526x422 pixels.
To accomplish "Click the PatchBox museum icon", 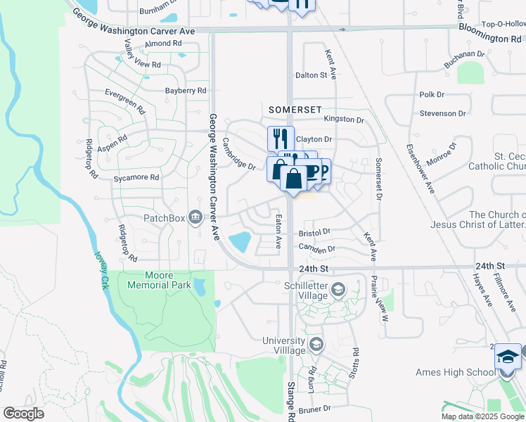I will tap(195, 218).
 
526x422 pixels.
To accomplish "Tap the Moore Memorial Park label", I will tap(158, 280).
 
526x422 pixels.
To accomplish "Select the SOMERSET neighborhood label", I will tap(295, 110).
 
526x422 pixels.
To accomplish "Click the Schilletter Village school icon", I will tap(338, 289).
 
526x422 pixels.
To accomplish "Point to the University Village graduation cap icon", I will tap(316, 345).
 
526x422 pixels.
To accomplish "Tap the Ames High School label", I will tap(465, 373).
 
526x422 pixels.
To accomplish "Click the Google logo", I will tap(24, 414).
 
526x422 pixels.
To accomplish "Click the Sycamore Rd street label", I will tap(136, 178).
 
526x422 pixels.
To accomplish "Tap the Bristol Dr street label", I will tap(314, 231).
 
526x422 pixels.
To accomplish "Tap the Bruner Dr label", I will tap(314, 409).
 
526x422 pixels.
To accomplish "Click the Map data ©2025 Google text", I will tap(482, 416).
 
